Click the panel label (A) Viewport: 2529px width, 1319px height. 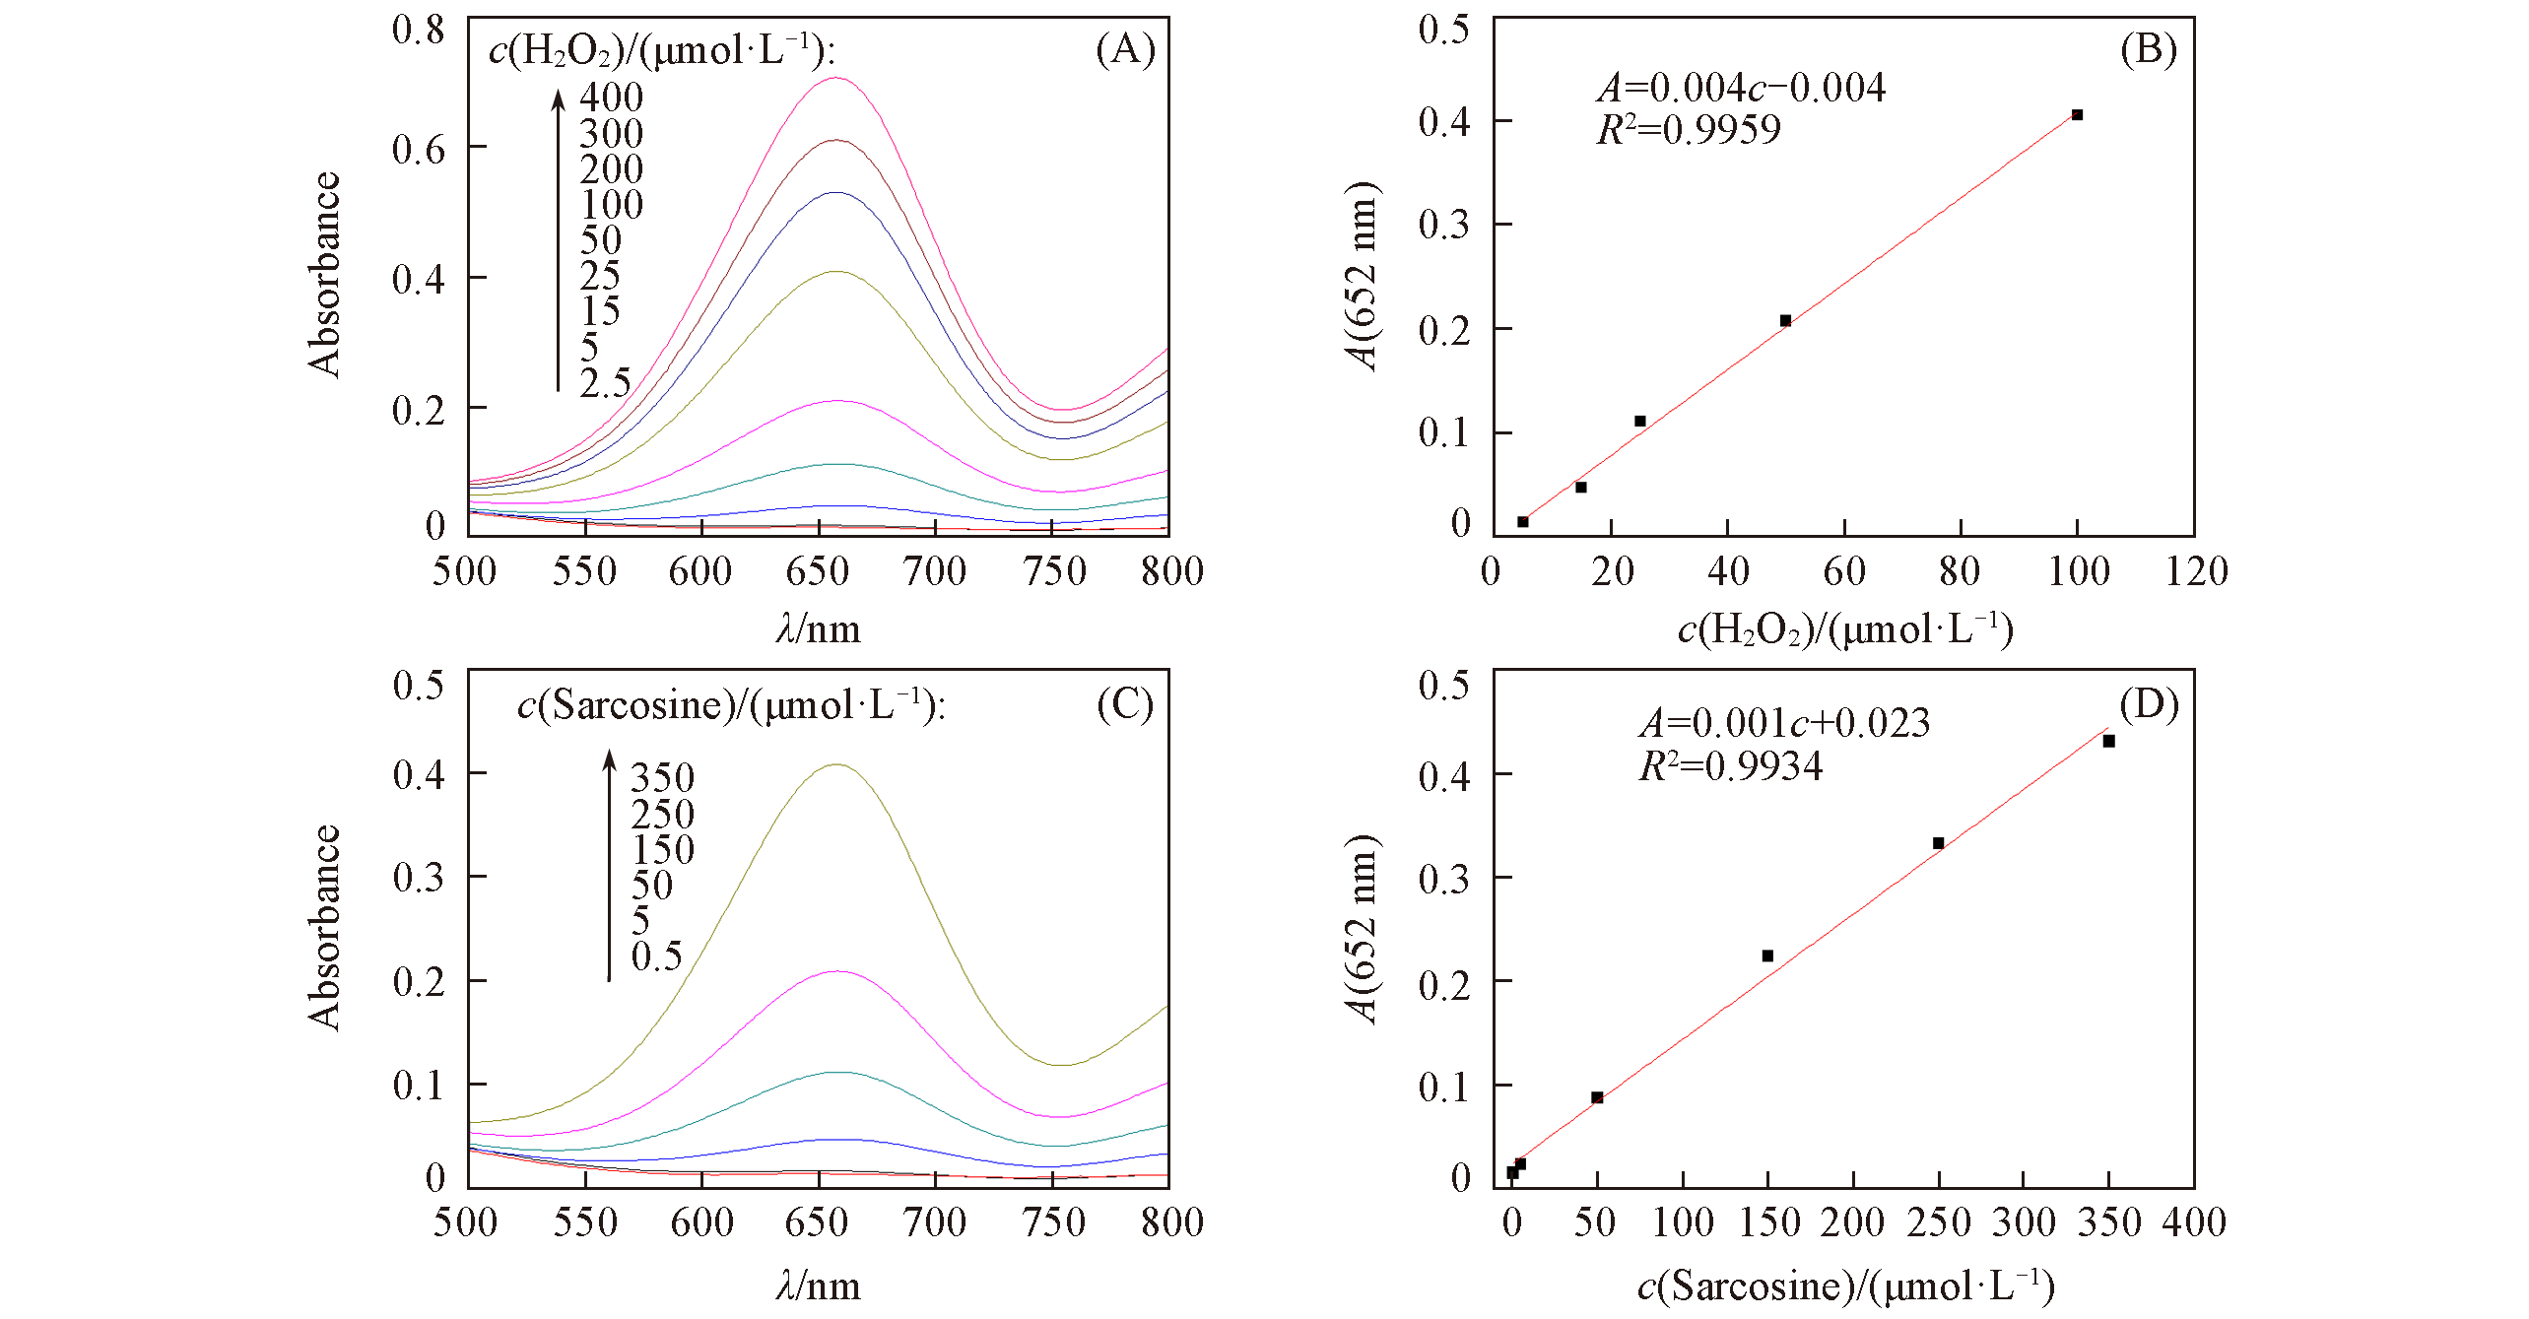[x=1125, y=49]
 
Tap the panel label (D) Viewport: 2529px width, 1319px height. [x=2149, y=704]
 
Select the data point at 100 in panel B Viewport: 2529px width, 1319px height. [x=2077, y=115]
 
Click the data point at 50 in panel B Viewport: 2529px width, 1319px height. [x=1785, y=321]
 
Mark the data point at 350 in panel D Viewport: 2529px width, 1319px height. [x=2108, y=742]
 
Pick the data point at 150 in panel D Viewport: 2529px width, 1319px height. [x=1767, y=956]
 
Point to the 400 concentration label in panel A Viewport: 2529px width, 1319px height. [x=611, y=98]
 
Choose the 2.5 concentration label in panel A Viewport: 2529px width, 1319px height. [x=605, y=383]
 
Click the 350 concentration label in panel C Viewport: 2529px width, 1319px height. [x=662, y=778]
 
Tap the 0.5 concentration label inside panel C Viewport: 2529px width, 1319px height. [x=656, y=956]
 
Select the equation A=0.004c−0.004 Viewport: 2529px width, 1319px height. [x=1741, y=88]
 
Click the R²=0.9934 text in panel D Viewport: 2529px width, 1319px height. [x=1730, y=766]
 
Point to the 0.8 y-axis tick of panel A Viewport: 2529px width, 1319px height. [x=419, y=30]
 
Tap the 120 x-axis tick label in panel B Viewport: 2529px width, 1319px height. [x=2196, y=571]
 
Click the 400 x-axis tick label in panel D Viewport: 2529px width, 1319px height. [x=2194, y=1222]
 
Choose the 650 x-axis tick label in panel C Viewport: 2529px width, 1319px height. [x=817, y=1222]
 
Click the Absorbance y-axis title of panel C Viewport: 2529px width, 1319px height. [x=323, y=927]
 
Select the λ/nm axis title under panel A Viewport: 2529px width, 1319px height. [x=818, y=629]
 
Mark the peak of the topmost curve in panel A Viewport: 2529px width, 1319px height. [x=835, y=78]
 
